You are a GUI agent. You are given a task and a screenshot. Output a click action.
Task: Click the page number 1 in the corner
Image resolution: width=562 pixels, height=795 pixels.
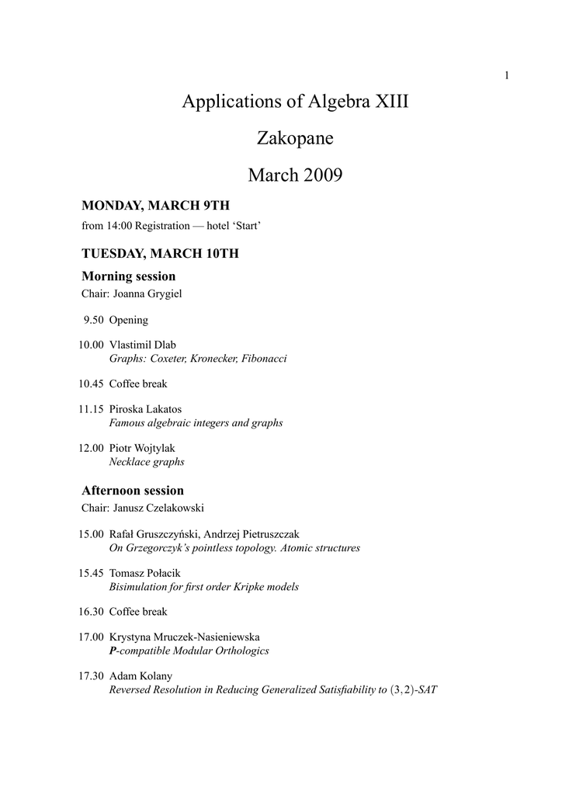(507, 75)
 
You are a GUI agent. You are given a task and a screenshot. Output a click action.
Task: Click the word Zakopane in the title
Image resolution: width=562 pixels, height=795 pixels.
(294, 139)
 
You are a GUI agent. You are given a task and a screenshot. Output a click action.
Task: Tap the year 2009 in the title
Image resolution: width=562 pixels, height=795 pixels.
(317, 175)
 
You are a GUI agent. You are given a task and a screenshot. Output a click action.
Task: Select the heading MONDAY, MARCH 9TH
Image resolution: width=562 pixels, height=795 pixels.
(156, 206)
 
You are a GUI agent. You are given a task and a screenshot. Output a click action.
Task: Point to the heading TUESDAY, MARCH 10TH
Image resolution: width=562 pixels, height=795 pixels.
(160, 254)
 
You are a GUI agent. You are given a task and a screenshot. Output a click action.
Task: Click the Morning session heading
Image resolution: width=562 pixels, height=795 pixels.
(128, 276)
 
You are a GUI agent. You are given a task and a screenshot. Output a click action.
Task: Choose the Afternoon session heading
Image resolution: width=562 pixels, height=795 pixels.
(133, 491)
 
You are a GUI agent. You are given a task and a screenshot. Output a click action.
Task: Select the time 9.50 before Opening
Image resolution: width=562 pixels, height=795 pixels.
(93, 320)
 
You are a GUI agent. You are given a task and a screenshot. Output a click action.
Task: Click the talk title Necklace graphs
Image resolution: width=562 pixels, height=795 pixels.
(147, 462)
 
